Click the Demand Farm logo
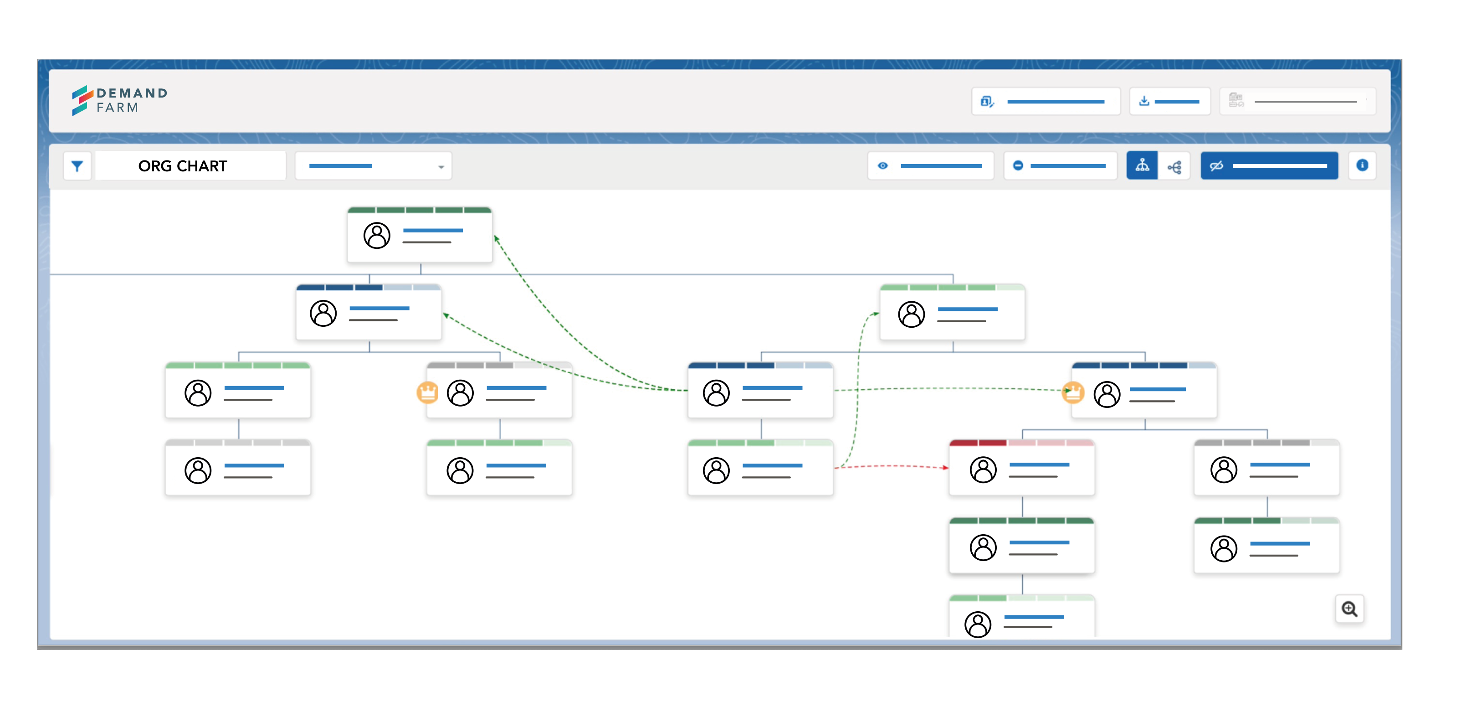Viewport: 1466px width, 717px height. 119,100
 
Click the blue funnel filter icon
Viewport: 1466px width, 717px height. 77,166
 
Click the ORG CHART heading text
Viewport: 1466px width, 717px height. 183,166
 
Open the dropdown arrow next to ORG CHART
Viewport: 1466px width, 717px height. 441,167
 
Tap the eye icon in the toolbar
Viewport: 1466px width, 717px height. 883,166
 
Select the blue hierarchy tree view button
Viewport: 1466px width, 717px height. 1142,165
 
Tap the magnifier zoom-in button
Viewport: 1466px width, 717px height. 1349,609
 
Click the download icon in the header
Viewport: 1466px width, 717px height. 1144,101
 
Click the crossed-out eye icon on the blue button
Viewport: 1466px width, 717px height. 1216,166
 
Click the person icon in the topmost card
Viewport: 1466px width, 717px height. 377,235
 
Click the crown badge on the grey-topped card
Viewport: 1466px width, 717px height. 427,392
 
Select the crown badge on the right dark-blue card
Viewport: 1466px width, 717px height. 1073,392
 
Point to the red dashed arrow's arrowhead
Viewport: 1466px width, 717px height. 946,468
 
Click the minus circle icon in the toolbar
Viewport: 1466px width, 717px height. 1018,166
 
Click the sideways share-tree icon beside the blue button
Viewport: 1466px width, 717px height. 1174,167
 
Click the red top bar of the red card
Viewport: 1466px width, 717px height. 1021,443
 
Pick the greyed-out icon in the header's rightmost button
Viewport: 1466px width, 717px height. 1235,101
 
